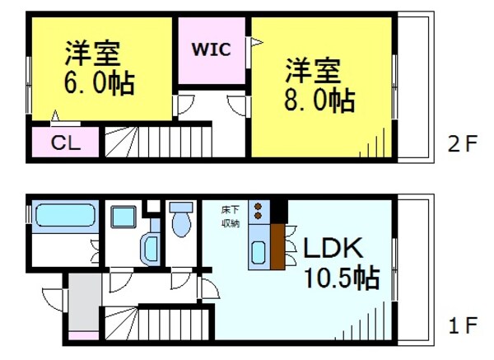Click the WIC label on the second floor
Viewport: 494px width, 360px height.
(x=212, y=49)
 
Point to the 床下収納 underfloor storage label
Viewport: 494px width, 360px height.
(x=231, y=216)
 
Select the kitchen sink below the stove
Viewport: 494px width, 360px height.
(x=259, y=253)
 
